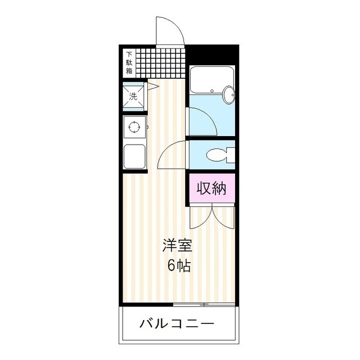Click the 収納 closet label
coord(211,189)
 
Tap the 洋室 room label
coord(178,245)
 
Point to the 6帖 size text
coord(178,265)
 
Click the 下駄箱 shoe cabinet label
coord(129,63)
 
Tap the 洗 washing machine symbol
coord(134,96)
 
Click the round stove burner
coord(134,127)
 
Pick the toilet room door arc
coord(171,155)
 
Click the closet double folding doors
coord(211,217)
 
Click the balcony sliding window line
coord(202,304)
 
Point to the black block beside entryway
coord(213,56)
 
